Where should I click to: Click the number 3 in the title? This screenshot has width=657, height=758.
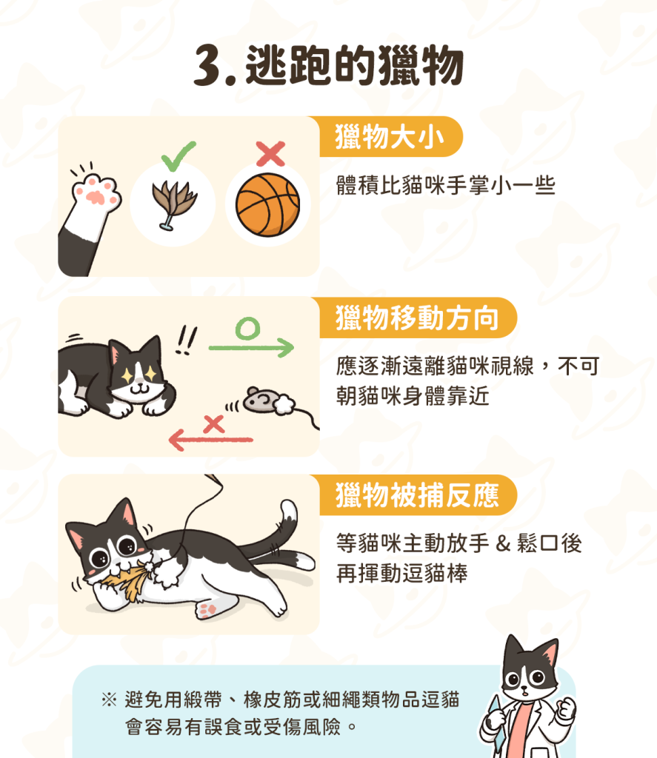coord(209,66)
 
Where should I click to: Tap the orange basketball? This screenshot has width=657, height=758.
coord(267,205)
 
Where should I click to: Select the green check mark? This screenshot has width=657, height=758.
coord(178,155)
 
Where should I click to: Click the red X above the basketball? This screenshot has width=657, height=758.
coord(270,154)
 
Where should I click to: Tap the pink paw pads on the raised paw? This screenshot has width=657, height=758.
coord(96,192)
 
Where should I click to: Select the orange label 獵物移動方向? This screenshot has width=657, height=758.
coord(418,318)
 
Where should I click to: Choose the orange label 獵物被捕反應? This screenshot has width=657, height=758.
coord(418,495)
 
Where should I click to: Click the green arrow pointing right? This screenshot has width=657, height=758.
coord(251,347)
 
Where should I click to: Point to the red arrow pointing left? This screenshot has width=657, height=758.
coord(210,440)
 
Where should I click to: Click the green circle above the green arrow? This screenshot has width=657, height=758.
coord(247,329)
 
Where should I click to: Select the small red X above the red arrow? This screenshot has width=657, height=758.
coord(214,424)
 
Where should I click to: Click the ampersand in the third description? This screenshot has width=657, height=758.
coord(503,543)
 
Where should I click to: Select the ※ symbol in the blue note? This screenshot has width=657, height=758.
coord(110,700)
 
